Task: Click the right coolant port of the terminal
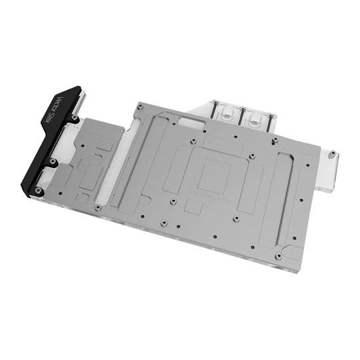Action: coord(257,120)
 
